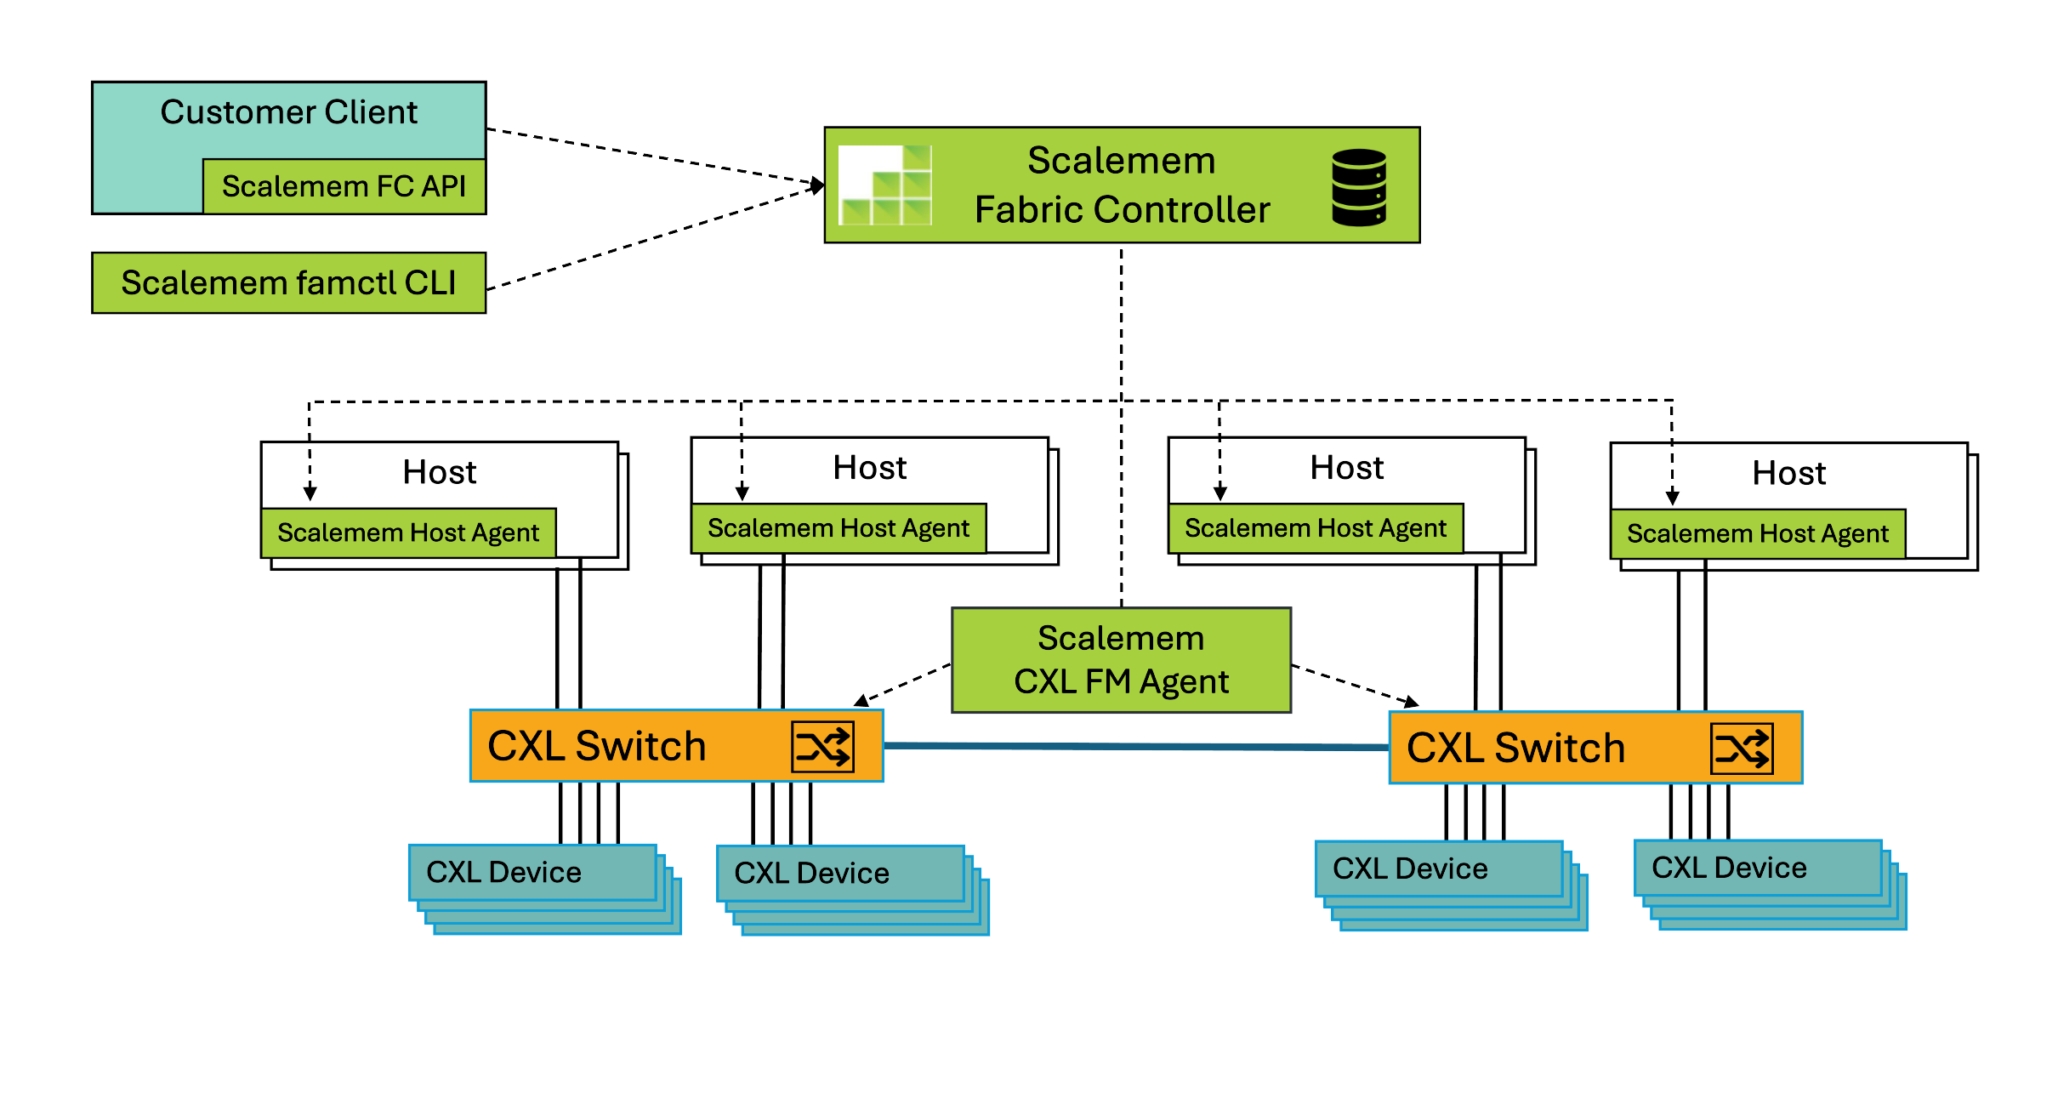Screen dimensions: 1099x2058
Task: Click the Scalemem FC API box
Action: point(344,186)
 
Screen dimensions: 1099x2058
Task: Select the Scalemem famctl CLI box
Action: point(288,282)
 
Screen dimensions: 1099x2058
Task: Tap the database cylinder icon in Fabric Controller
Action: point(1358,187)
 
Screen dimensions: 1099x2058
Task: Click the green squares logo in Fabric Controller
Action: point(885,185)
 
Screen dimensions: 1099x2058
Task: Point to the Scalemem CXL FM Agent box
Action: point(1121,660)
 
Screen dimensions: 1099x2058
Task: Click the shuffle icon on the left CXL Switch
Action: point(822,747)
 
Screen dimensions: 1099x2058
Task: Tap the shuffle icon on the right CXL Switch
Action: point(1742,749)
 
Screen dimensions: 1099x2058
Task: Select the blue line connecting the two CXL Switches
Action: point(1136,746)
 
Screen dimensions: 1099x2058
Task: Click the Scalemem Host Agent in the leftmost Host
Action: point(408,533)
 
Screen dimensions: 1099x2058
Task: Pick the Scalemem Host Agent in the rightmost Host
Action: point(1758,534)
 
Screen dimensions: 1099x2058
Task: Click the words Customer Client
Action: point(288,112)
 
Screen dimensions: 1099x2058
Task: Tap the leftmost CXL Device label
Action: point(503,872)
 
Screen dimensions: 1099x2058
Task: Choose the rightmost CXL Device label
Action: point(1729,868)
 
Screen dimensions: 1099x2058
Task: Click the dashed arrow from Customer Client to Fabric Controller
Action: point(655,156)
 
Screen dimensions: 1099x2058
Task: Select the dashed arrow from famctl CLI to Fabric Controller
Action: point(655,237)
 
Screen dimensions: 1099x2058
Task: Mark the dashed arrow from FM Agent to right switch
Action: point(1354,686)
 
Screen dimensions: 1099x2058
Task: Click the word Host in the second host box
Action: point(869,468)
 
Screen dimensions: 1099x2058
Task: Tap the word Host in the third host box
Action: point(1346,468)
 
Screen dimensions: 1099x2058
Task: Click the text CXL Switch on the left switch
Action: point(596,747)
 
